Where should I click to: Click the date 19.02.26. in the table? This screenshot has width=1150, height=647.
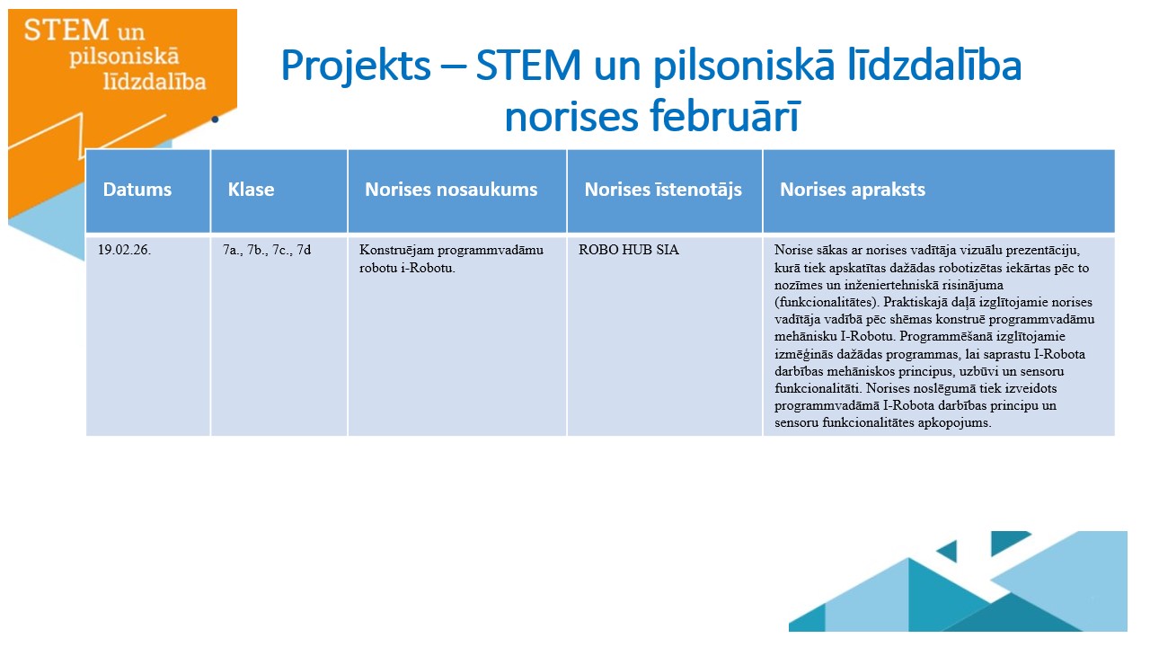(124, 250)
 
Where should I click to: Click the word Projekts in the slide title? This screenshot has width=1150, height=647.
(356, 66)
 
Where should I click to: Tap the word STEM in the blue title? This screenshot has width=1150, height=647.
(528, 66)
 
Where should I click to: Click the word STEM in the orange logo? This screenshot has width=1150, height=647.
(66, 30)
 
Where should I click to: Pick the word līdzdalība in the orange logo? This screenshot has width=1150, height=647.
(155, 81)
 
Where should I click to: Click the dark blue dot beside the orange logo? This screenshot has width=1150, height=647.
(215, 120)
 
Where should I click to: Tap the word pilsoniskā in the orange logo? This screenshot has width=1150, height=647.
(124, 57)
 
